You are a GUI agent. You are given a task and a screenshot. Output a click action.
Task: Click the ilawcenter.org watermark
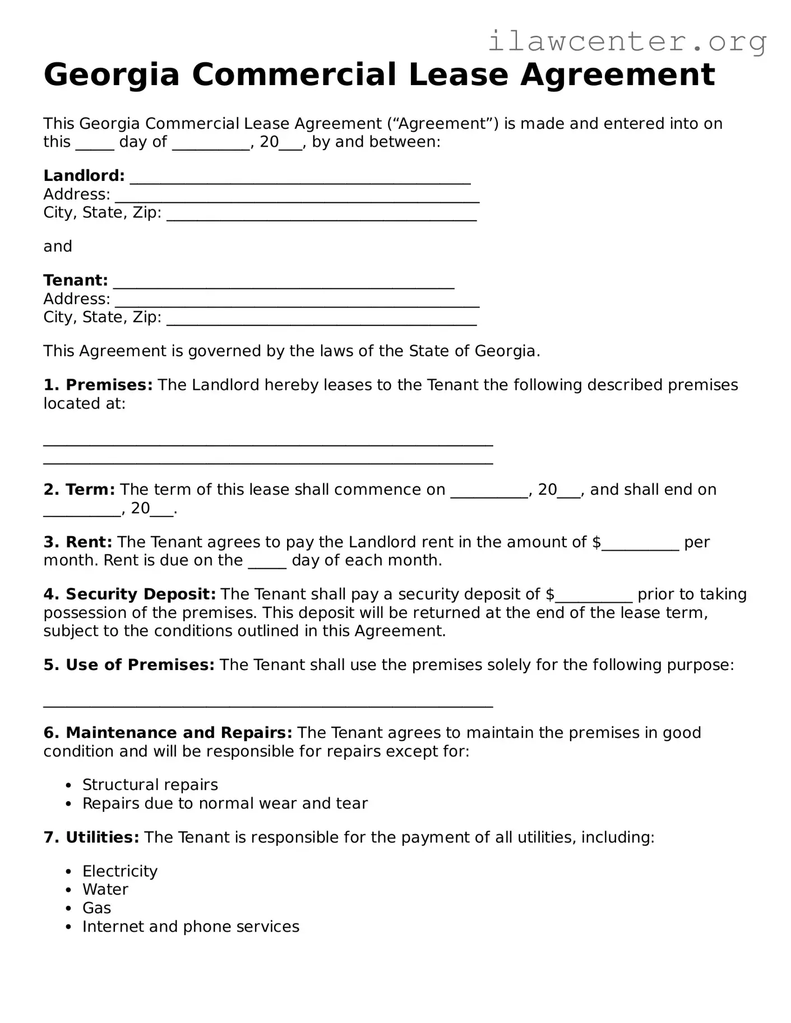click(x=627, y=41)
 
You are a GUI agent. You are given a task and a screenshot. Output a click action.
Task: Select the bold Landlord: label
click(x=84, y=176)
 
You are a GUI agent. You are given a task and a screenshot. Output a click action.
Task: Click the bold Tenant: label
click(x=76, y=281)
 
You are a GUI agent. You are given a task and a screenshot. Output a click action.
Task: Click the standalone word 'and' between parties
click(x=58, y=247)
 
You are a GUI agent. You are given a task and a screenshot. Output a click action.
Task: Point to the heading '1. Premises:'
click(x=98, y=385)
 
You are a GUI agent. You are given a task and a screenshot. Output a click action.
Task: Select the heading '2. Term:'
click(x=79, y=490)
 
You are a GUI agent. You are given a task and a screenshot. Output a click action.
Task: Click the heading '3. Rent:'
click(x=78, y=542)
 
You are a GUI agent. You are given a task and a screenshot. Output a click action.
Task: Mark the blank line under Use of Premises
click(x=268, y=704)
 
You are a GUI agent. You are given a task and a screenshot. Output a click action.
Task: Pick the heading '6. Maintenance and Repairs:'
click(x=168, y=733)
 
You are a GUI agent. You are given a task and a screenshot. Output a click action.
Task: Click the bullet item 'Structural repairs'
click(x=150, y=785)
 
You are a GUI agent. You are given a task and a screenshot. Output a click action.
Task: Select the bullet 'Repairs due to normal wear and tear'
click(x=225, y=804)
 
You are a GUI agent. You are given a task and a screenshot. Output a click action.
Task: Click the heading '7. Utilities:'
click(x=91, y=838)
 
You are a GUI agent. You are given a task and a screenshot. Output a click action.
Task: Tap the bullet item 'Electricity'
click(x=119, y=872)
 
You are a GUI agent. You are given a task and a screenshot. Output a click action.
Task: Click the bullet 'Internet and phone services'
click(x=191, y=927)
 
